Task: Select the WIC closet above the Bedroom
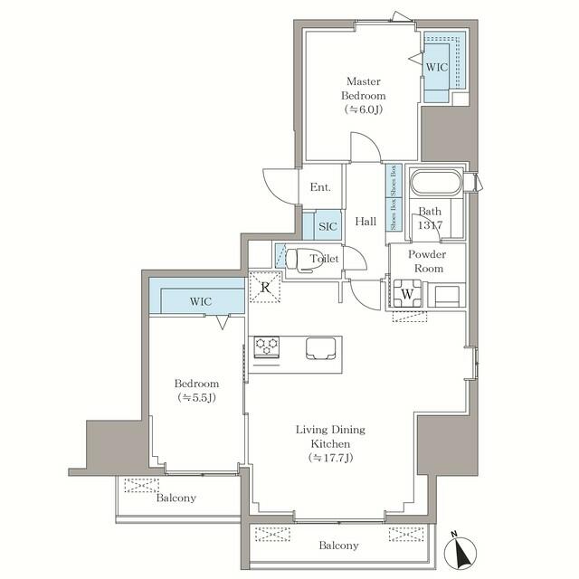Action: tap(200, 300)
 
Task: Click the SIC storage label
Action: tap(327, 224)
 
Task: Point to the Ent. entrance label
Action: tap(320, 188)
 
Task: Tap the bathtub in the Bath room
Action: tap(435, 183)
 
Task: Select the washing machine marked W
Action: tap(408, 293)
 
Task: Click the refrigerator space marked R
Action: tap(265, 288)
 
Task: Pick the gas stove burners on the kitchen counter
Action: tap(267, 346)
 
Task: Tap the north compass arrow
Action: tap(463, 549)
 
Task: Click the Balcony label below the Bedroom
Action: tap(176, 498)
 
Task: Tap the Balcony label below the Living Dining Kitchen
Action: tap(338, 546)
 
